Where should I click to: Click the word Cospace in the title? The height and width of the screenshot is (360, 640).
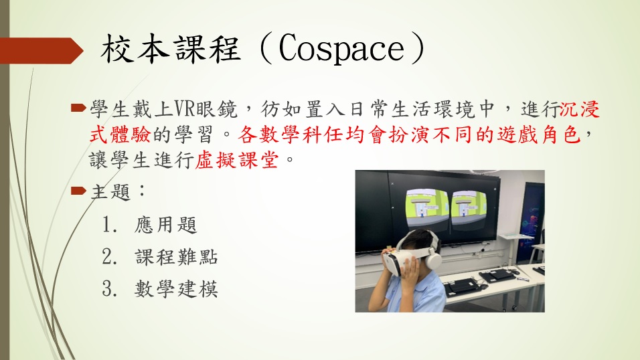tap(341, 49)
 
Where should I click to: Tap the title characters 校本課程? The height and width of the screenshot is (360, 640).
tap(170, 49)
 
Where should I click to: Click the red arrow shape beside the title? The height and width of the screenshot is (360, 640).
tap(42, 51)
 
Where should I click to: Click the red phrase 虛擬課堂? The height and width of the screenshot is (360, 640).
tap(237, 160)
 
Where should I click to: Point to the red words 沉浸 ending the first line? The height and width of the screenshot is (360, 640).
tap(580, 109)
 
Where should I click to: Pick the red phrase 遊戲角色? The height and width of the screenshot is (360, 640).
tap(539, 134)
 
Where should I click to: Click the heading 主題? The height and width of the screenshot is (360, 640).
tap(110, 191)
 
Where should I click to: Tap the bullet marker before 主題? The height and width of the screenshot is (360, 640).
tap(78, 191)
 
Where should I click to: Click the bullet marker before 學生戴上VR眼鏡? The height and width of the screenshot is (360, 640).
tap(78, 108)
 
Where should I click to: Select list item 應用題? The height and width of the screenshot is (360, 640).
tap(166, 224)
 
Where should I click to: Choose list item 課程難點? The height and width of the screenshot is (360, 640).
tap(176, 257)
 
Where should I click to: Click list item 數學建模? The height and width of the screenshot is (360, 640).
tap(176, 289)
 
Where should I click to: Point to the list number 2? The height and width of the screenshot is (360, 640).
tap(108, 257)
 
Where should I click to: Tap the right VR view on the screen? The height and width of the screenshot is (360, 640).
tap(469, 209)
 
